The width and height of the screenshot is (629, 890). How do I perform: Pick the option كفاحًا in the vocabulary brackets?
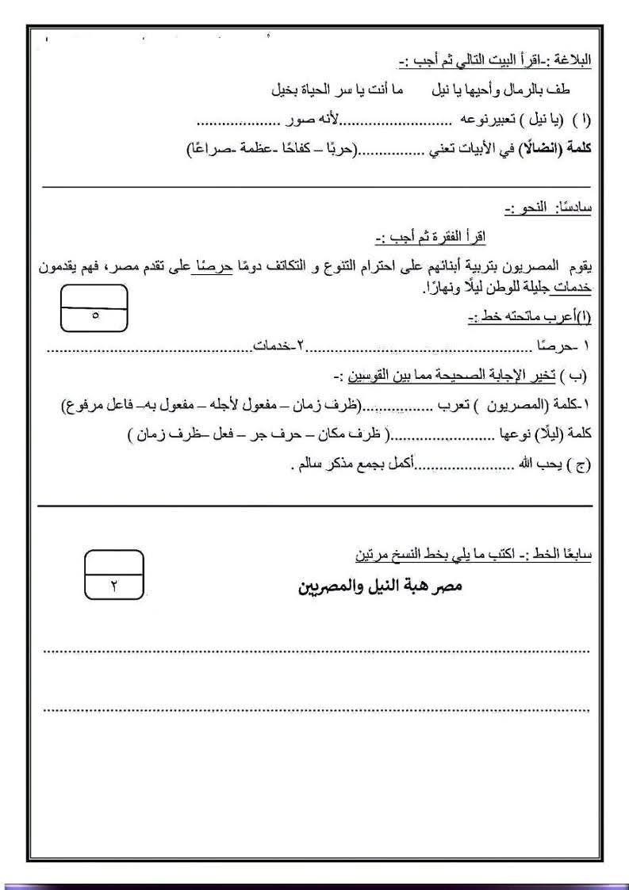coord(297,150)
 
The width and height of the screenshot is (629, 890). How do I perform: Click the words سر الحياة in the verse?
coord(323,90)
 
